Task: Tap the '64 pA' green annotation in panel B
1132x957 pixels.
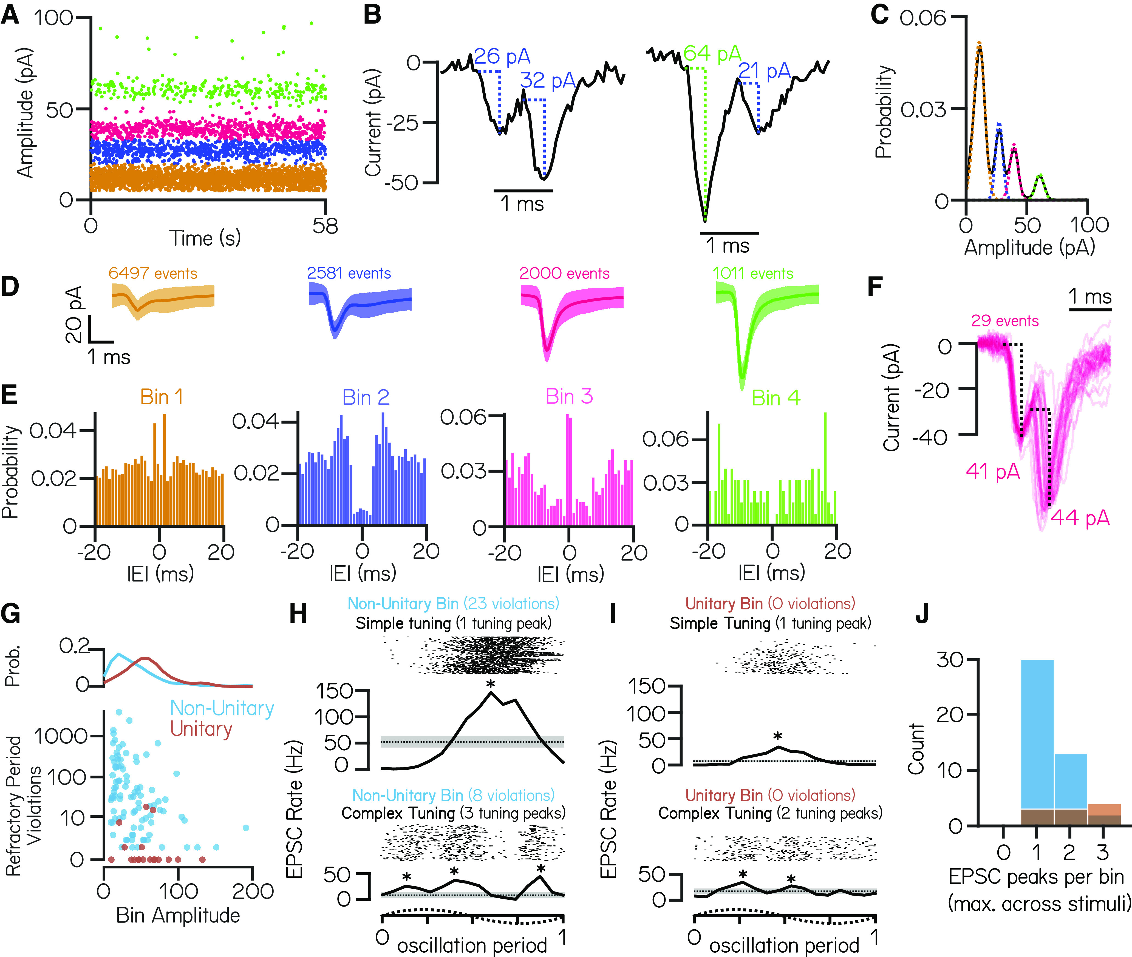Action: pyautogui.click(x=712, y=54)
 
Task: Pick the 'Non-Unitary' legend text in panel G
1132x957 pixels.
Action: pyautogui.click(x=222, y=708)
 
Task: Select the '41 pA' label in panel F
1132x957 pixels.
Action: pyautogui.click(x=992, y=472)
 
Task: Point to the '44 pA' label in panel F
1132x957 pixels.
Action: pyautogui.click(x=1080, y=518)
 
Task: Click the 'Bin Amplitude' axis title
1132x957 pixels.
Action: pyautogui.click(x=178, y=915)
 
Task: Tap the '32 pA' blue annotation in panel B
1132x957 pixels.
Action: pyautogui.click(x=548, y=81)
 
